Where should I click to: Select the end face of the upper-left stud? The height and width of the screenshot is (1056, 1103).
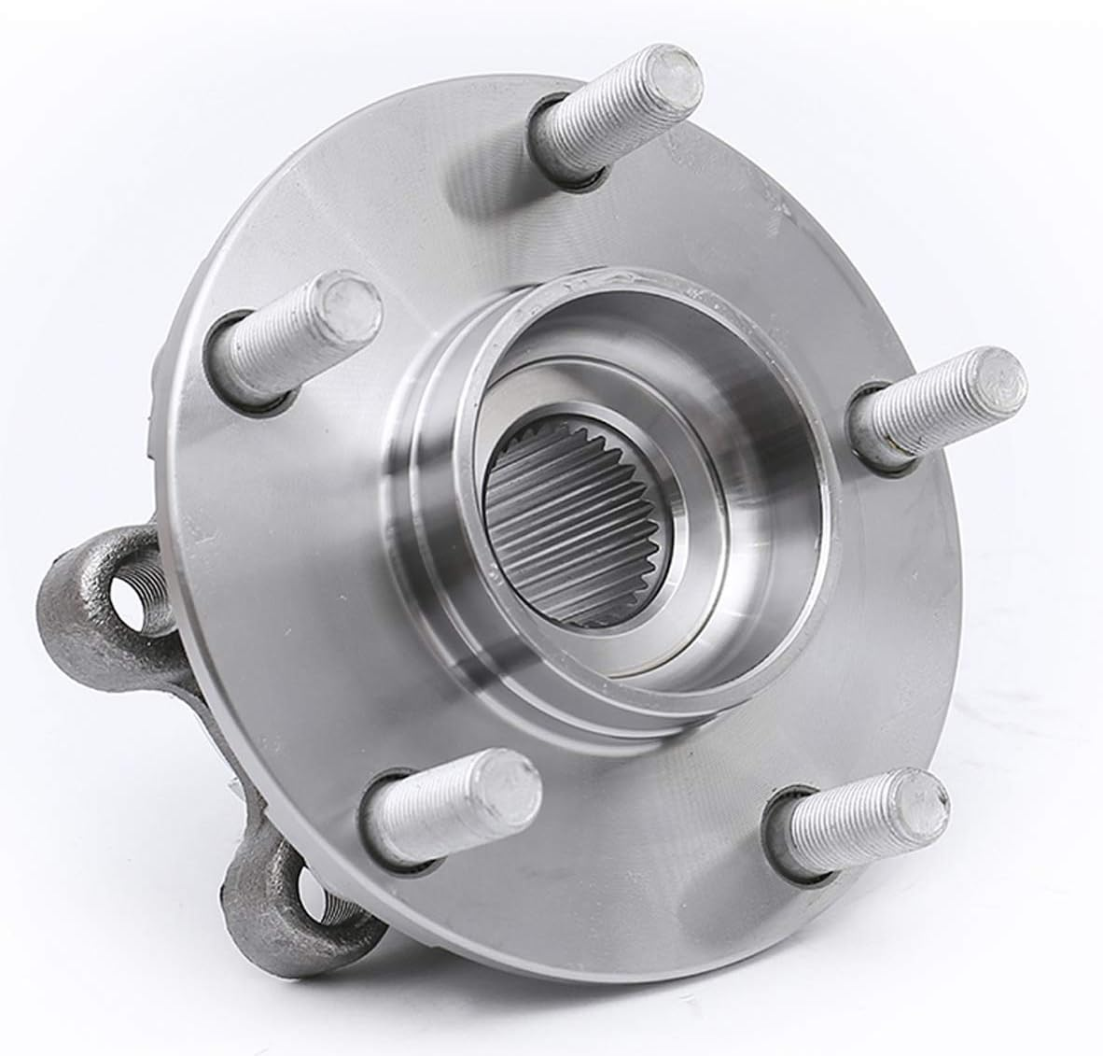tap(348, 301)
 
